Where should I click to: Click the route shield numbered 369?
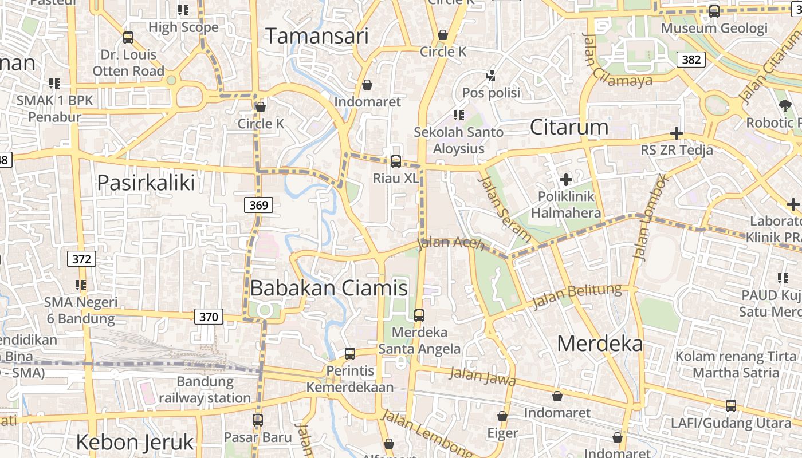click(259, 204)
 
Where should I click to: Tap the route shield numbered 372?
click(81, 259)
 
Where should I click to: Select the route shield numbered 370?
click(209, 316)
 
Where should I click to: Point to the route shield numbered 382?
click(690, 59)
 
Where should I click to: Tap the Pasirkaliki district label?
click(146, 183)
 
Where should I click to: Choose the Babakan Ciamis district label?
click(329, 287)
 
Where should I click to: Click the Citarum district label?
click(569, 127)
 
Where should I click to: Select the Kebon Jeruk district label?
click(135, 442)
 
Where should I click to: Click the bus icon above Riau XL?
click(395, 161)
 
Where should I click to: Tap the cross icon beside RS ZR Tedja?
click(677, 134)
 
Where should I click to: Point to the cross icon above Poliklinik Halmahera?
click(566, 180)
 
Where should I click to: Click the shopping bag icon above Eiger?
click(502, 416)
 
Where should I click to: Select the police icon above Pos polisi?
click(490, 75)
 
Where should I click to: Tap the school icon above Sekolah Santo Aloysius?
click(458, 115)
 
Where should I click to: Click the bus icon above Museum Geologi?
click(714, 11)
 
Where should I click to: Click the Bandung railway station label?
click(205, 389)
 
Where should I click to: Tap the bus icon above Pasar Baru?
click(258, 420)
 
